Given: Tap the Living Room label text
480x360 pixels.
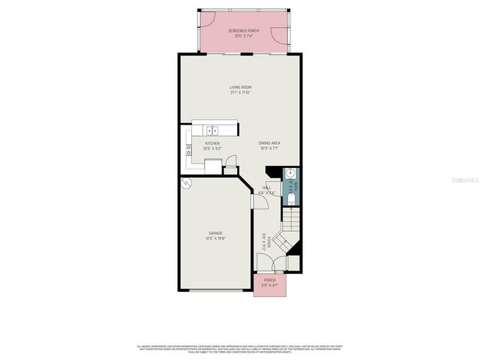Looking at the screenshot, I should (240, 90).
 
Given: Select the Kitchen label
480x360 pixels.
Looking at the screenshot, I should (213, 145).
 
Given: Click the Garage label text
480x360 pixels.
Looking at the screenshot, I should (215, 236).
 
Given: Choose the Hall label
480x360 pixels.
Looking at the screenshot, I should (268, 190).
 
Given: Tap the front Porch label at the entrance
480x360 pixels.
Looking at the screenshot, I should (269, 283).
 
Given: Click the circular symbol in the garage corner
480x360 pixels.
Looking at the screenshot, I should (185, 182).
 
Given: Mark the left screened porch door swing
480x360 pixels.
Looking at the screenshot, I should (209, 19).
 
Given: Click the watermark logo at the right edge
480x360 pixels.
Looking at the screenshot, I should (466, 180).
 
